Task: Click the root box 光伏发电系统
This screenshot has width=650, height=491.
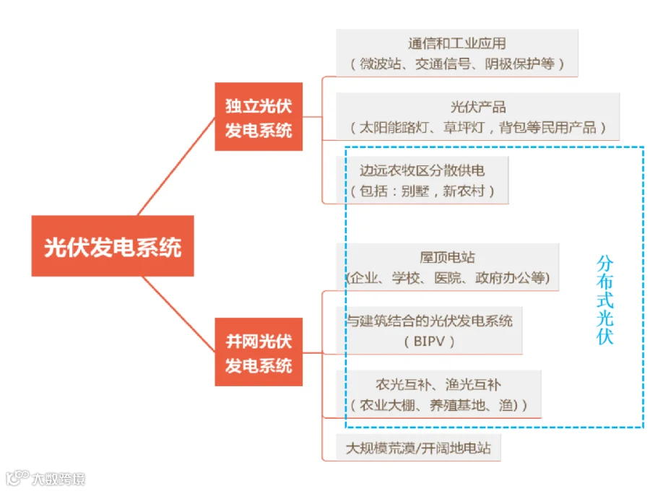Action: (x=112, y=245)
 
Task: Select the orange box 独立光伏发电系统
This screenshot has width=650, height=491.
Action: (x=259, y=117)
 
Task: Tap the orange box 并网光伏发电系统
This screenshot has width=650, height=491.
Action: (x=259, y=352)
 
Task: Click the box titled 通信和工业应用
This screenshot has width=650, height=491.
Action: (x=456, y=53)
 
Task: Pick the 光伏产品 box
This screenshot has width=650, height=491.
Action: (x=477, y=116)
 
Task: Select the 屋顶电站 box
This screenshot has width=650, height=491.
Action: (x=448, y=266)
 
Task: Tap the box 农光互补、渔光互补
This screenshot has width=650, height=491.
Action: (x=438, y=394)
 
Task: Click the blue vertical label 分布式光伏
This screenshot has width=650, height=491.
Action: (x=604, y=300)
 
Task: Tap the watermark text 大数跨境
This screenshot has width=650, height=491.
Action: (x=58, y=479)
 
